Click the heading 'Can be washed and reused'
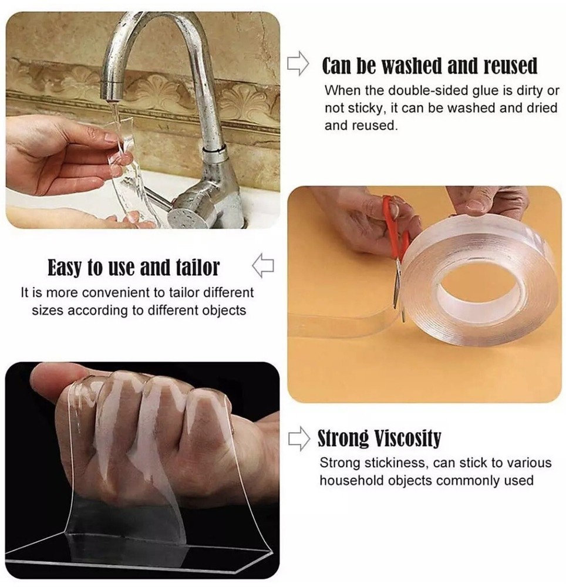[x=429, y=66]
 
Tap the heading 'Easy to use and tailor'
[x=133, y=267]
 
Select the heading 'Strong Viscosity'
[x=379, y=438]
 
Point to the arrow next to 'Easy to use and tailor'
[x=263, y=266]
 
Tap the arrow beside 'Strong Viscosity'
[x=299, y=438]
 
